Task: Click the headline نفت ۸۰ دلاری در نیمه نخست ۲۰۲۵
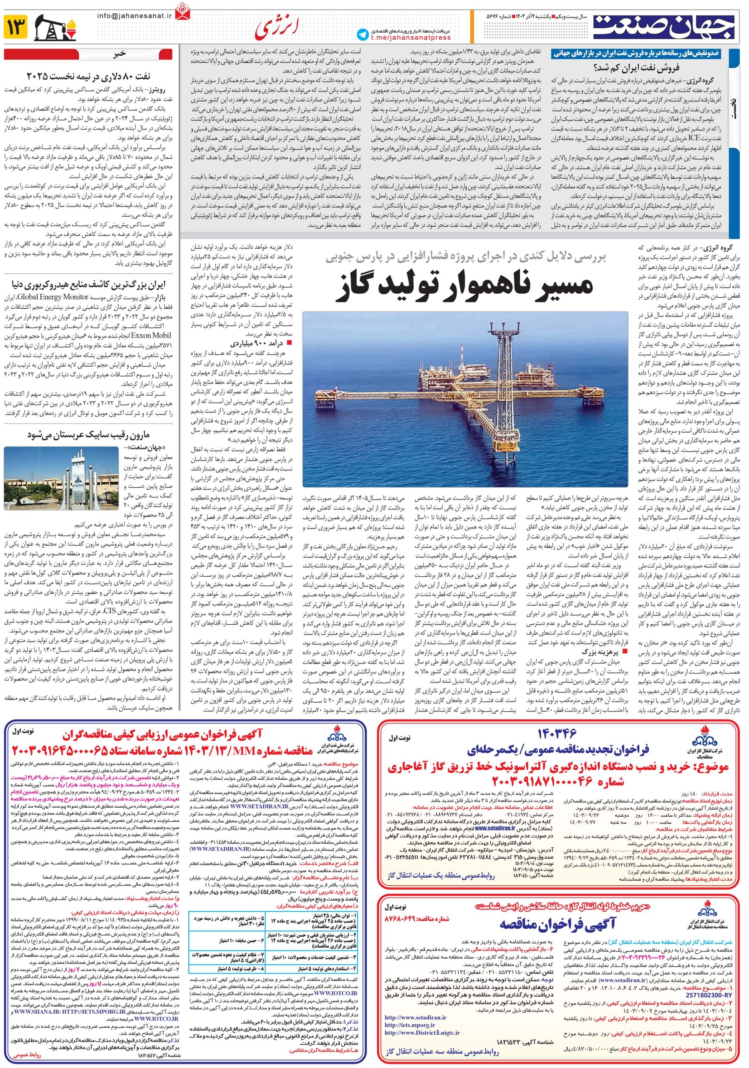88,76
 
